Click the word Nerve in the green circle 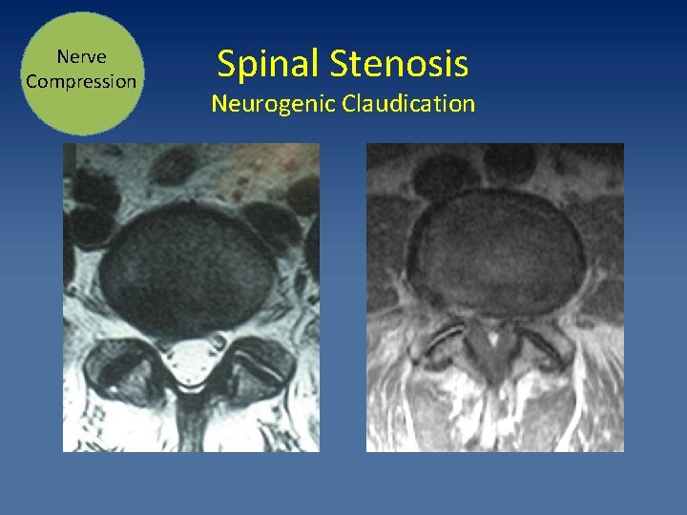pos(81,57)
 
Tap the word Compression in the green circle pos(81,81)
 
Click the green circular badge pos(81,72)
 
